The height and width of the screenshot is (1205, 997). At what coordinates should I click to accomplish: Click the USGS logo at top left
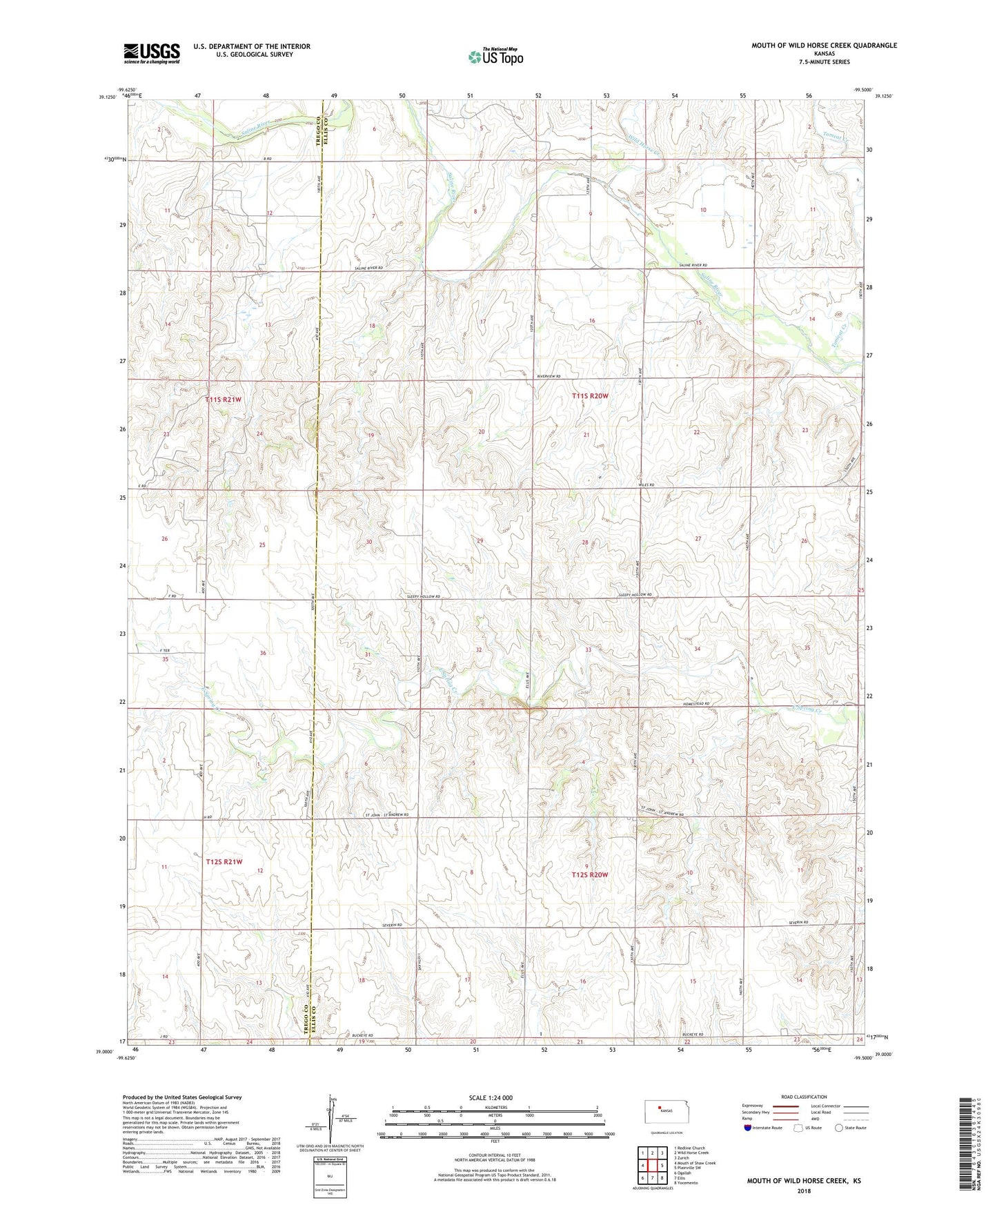(x=152, y=52)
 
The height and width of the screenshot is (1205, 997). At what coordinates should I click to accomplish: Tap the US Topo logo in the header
(x=495, y=56)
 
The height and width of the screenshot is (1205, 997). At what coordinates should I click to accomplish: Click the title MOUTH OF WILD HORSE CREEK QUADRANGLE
(x=824, y=46)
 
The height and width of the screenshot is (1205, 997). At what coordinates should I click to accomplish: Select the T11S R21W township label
(x=224, y=400)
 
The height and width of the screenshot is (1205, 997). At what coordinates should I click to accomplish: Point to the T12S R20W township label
(x=589, y=875)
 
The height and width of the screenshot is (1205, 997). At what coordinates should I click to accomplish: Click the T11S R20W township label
(x=590, y=395)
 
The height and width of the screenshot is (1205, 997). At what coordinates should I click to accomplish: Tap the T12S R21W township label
(x=224, y=862)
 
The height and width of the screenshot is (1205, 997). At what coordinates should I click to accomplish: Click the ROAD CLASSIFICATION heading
(x=804, y=1097)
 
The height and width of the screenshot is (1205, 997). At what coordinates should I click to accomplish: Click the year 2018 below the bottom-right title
(x=804, y=1191)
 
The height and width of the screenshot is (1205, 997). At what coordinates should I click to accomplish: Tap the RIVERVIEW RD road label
(x=549, y=376)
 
